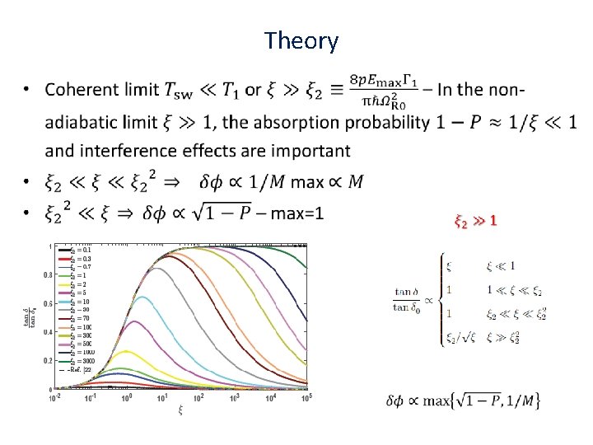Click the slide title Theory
(x=301, y=40)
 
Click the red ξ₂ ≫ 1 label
(x=476, y=221)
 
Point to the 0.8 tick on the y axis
(x=49, y=274)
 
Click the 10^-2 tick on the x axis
(x=55, y=398)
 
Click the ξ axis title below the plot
(x=180, y=410)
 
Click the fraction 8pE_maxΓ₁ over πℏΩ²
(x=382, y=89)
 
